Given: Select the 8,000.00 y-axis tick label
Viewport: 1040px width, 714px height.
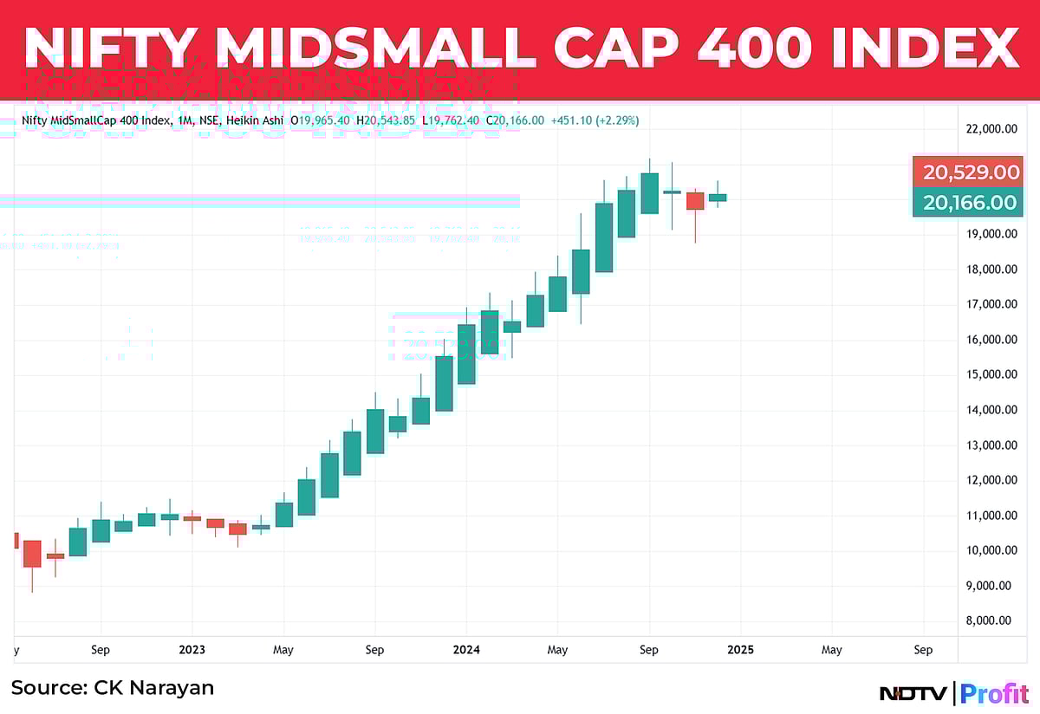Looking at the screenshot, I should pos(991,620).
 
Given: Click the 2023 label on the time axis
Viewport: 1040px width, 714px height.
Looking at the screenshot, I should pos(192,649).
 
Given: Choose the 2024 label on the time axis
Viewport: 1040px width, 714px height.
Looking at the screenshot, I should pos(466,649).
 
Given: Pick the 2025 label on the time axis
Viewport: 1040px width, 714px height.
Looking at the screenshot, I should pos(740,649).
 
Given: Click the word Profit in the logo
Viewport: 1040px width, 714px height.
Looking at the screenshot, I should pos(995,693).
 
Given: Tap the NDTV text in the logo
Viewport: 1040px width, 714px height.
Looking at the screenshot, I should pos(915,693).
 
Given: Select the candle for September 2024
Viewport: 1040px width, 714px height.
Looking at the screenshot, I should pos(649,193).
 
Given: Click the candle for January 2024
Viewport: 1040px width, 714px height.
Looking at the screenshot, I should pos(466,354).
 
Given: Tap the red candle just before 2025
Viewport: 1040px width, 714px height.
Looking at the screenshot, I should pos(695,201).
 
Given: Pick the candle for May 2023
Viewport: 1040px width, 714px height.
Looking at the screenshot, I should pos(283,514).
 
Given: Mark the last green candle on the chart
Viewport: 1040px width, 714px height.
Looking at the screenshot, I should pos(718,198).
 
